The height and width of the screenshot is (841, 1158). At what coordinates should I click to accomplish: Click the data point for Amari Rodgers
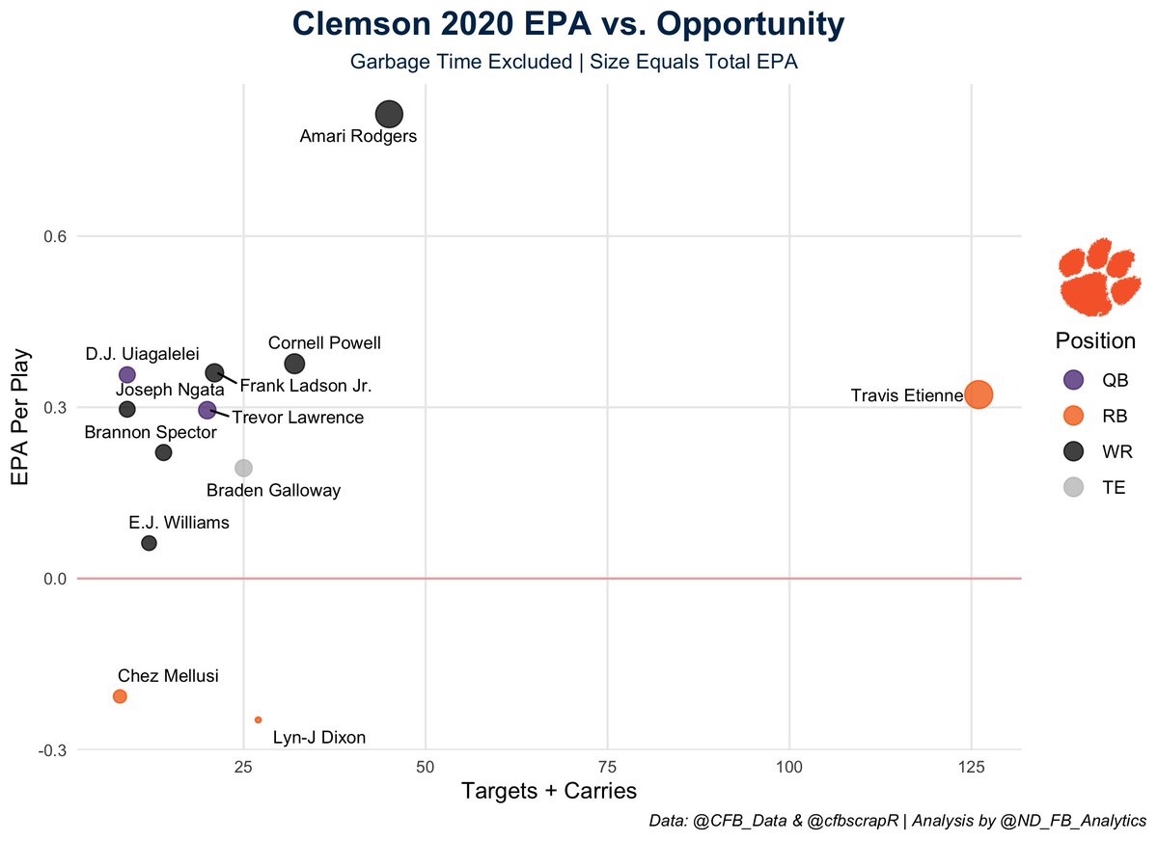tap(389, 114)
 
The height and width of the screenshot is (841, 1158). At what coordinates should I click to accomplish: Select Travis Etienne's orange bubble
tap(979, 394)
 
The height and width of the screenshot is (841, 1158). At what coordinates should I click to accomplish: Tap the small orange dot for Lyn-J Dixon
tap(258, 719)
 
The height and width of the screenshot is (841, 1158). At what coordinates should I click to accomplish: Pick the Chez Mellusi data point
tap(120, 696)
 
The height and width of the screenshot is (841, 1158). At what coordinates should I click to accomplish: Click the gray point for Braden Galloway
tap(243, 468)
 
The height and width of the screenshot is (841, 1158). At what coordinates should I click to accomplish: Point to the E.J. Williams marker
tap(149, 543)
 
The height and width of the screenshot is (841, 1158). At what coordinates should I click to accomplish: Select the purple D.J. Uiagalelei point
tap(126, 374)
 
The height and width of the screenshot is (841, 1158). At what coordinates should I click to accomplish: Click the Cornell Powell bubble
tap(294, 364)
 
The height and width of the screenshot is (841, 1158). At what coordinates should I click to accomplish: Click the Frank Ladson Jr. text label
tap(305, 386)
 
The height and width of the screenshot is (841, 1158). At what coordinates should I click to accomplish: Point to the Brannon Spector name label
tap(150, 432)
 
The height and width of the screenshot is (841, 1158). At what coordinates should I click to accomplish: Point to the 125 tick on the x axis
tap(971, 767)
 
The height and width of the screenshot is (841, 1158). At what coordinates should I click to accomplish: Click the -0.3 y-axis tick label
tap(50, 749)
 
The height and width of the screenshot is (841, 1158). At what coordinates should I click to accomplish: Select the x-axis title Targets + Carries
tap(548, 792)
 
